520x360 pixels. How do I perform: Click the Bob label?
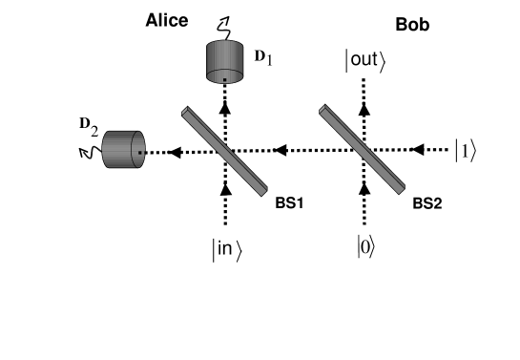412,26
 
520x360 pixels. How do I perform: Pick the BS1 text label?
282,203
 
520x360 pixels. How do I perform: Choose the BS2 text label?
426,203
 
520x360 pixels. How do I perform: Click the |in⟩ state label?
226,250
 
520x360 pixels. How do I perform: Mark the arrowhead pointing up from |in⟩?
225,189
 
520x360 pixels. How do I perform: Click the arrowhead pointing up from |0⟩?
364,189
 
